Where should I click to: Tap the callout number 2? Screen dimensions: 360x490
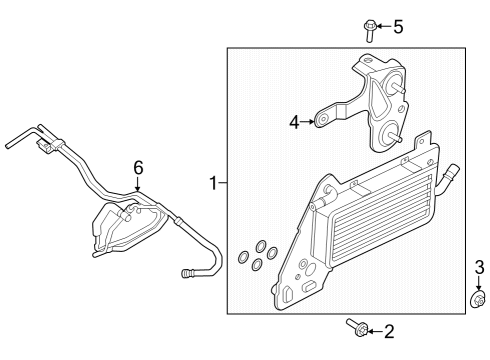pos(389,330)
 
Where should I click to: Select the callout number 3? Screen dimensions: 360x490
pos(479,267)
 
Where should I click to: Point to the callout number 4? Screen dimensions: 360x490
pos(295,122)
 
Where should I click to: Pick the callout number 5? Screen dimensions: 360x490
pos(398,26)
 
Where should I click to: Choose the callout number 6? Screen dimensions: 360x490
pos(138,167)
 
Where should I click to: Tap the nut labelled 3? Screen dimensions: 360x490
pos(478,299)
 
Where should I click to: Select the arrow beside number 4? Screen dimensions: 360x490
pos(308,122)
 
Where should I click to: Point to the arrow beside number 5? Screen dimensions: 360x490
pos(384,26)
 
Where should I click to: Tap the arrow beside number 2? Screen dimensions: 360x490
pos(375,329)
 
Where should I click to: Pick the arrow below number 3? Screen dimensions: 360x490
pos(479,282)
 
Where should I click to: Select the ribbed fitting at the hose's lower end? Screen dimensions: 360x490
pos(191,272)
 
